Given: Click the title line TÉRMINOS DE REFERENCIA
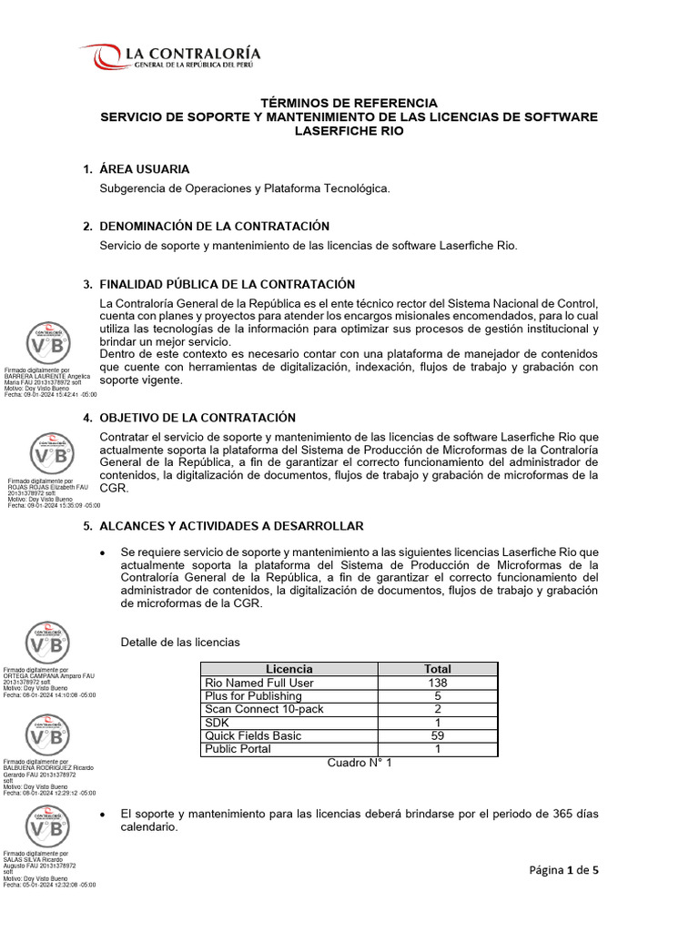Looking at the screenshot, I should [x=349, y=103].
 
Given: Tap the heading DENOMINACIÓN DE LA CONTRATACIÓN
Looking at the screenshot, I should [x=214, y=226].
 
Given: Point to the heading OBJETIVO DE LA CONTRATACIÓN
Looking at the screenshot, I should [x=198, y=418].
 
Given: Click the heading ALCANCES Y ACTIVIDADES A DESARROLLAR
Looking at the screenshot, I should [x=231, y=526].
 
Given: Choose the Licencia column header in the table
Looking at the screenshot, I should [x=289, y=669].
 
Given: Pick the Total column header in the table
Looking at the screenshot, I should [x=437, y=669].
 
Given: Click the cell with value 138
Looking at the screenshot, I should [x=437, y=683].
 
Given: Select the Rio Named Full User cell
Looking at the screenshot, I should [x=259, y=683].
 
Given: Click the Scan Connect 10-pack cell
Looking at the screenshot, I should [x=264, y=709].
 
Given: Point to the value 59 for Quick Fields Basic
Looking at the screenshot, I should [x=437, y=735].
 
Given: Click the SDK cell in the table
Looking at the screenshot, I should [x=218, y=723].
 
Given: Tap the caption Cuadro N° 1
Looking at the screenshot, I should [x=360, y=763].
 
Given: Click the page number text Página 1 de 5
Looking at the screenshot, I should [x=564, y=870].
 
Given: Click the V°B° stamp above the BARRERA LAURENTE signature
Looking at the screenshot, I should [x=48, y=344].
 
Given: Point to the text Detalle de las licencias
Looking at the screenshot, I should [x=180, y=643].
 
